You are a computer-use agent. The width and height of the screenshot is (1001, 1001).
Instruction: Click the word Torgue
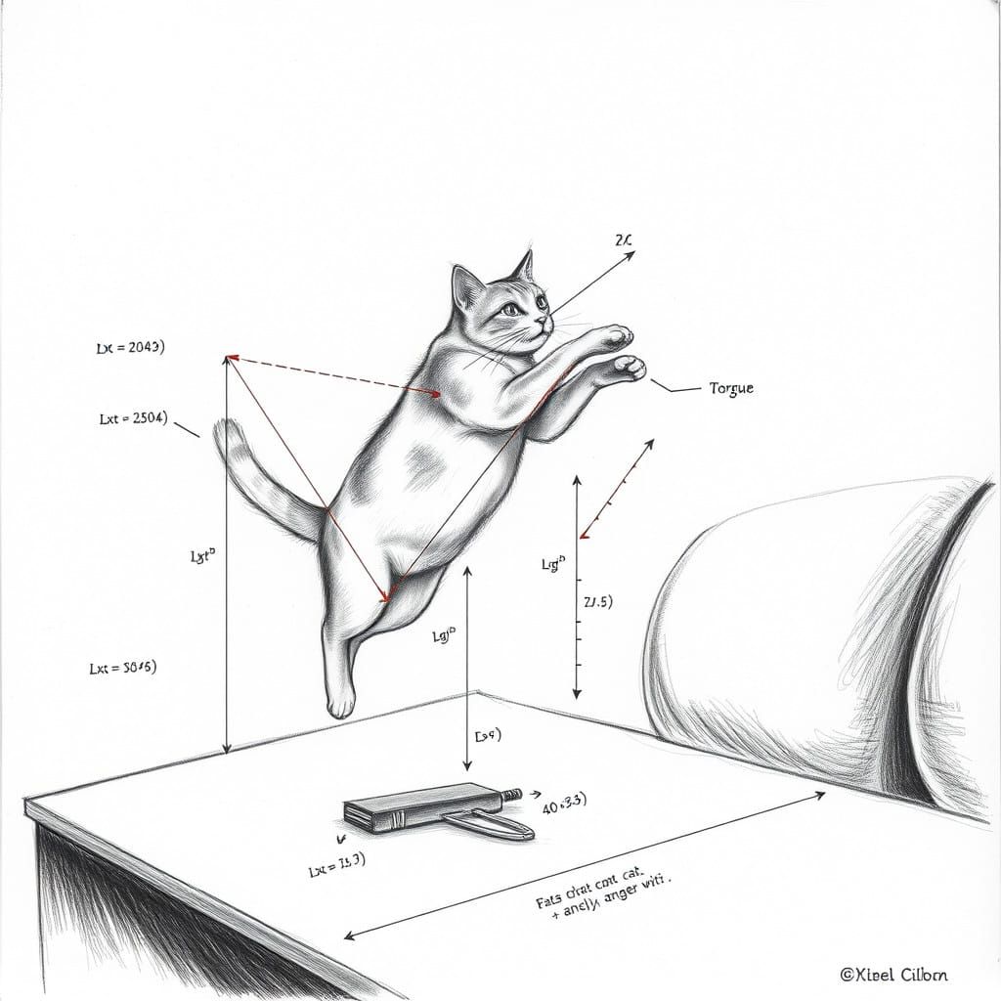pos(731,388)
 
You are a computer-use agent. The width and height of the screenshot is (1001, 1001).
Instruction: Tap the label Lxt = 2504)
pos(134,418)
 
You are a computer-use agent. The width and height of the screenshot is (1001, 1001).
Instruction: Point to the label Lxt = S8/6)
pos(122,668)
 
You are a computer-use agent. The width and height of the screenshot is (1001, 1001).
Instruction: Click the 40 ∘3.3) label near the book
pos(563,805)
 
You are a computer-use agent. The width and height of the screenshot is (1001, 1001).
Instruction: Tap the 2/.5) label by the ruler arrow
pos(597,601)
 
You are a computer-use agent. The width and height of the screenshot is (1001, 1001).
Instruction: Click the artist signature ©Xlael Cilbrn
pos(893,974)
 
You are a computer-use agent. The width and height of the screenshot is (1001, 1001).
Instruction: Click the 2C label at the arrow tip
pos(627,239)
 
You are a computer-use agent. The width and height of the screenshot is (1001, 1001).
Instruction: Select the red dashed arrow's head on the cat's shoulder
pos(434,393)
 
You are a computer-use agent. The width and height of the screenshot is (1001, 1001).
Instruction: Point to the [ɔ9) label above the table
pos(487,735)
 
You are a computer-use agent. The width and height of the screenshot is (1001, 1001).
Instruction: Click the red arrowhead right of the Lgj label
pos(586,534)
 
